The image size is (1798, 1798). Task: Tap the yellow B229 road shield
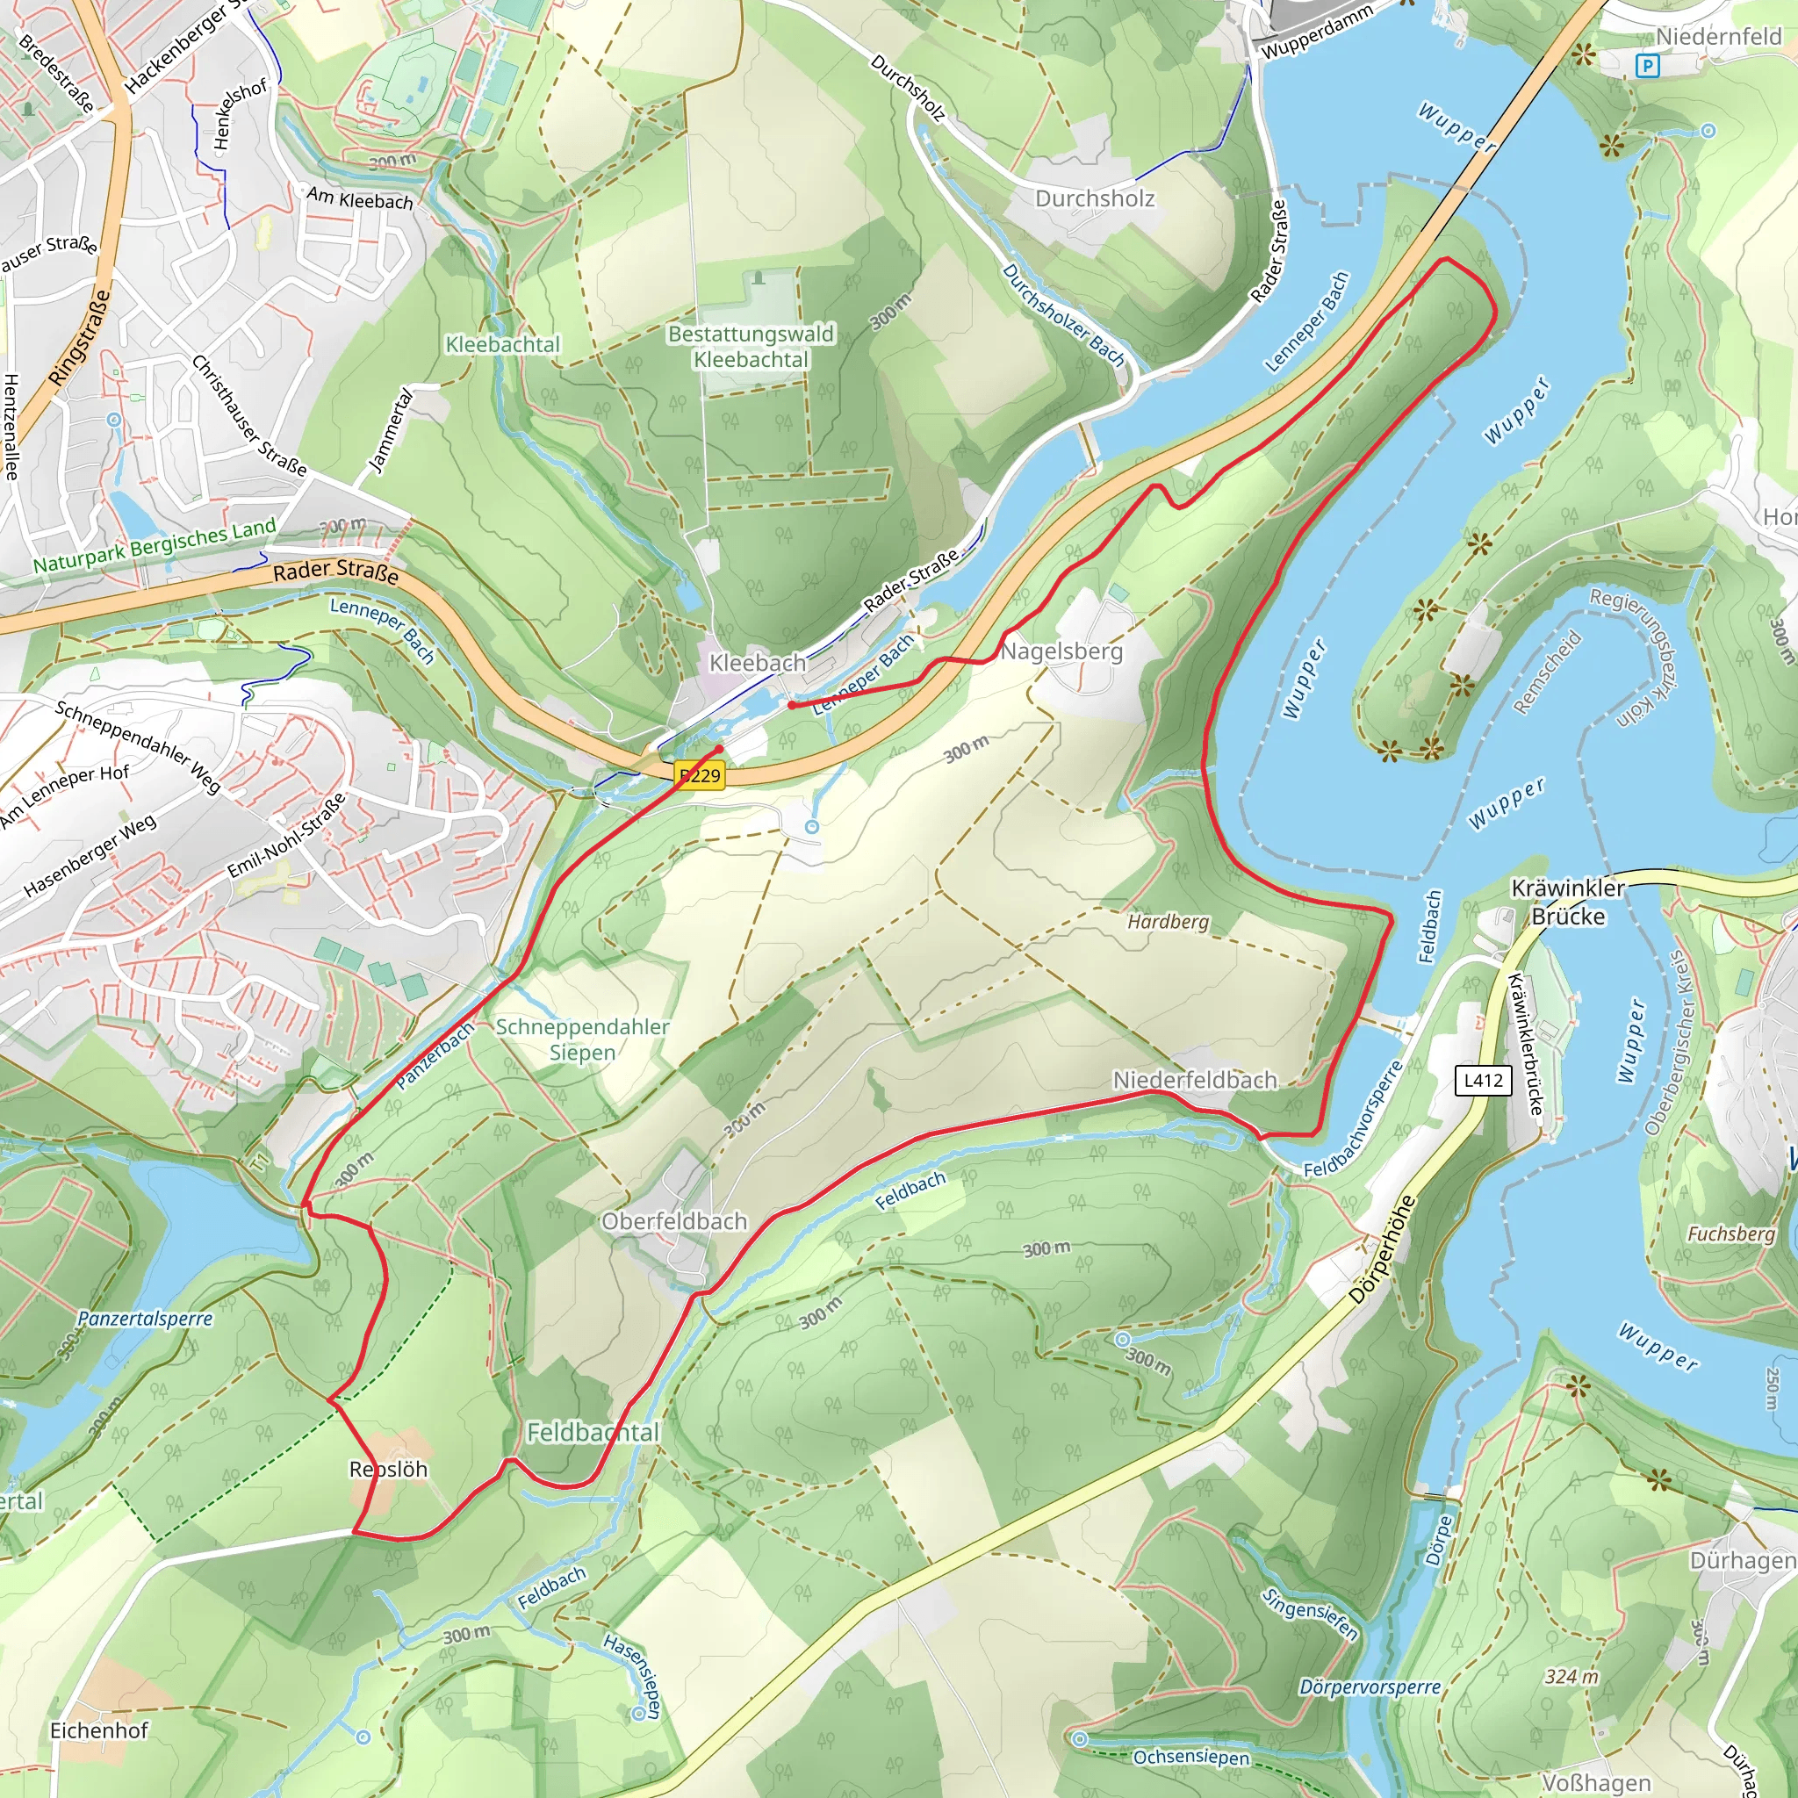click(700, 775)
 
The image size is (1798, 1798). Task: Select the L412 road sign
click(1483, 1080)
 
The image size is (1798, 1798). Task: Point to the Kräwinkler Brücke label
click(1567, 902)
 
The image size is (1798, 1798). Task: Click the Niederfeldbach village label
click(1195, 1080)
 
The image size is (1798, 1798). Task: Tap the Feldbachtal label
click(593, 1432)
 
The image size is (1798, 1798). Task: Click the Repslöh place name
click(388, 1469)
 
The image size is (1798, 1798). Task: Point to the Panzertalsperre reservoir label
click(145, 1319)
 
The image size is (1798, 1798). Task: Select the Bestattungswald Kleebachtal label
click(751, 346)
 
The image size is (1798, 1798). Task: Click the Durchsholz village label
click(1095, 198)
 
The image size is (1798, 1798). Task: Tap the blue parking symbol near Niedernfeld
click(1646, 65)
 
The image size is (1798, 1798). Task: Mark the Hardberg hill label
click(1168, 921)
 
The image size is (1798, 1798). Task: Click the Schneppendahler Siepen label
click(582, 1039)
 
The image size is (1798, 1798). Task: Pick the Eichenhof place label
click(98, 1730)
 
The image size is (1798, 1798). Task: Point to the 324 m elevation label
click(1571, 1677)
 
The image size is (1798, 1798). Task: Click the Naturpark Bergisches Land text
click(155, 545)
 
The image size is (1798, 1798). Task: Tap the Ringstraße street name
click(80, 337)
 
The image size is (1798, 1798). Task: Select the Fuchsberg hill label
click(1730, 1234)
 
